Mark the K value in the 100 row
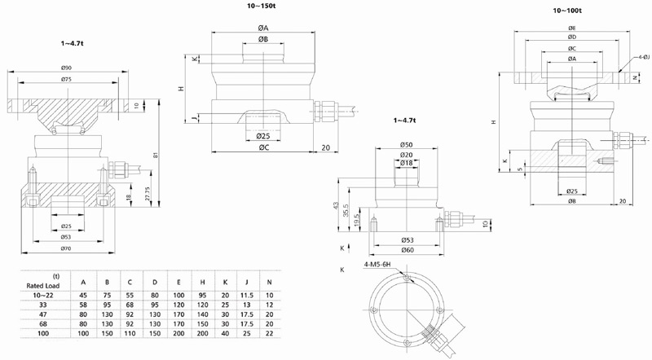(225, 335)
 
